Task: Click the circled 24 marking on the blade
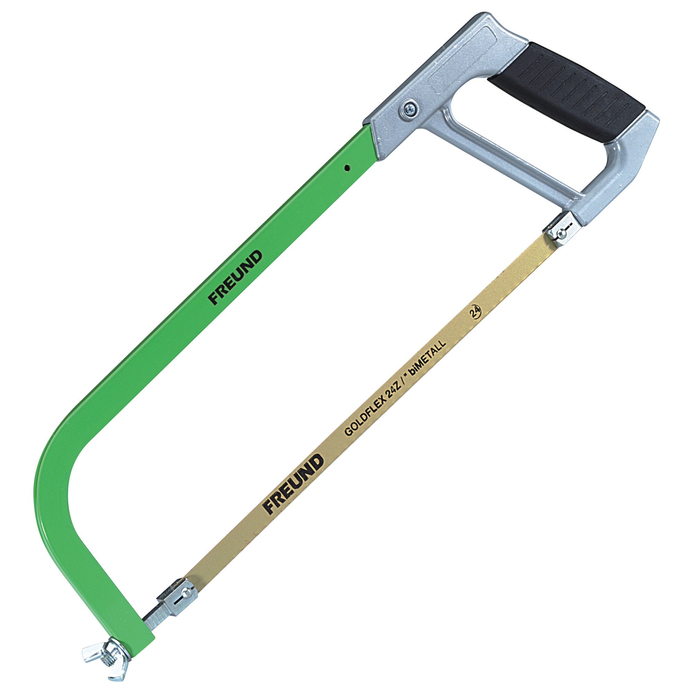(475, 312)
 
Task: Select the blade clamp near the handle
(561, 228)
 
